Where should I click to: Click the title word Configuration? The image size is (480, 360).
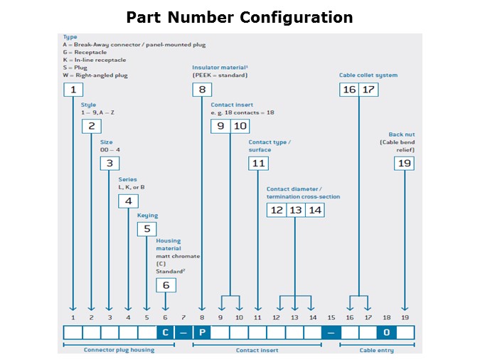[296, 18]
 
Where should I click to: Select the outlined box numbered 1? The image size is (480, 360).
[73, 90]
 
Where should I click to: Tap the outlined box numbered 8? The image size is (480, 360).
[202, 90]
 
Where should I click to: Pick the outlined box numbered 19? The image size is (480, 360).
[404, 164]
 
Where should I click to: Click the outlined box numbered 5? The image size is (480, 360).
[147, 229]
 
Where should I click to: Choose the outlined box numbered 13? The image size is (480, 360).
[296, 210]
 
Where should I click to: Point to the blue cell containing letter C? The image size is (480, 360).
[165, 332]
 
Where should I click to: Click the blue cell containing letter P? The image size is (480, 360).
[202, 332]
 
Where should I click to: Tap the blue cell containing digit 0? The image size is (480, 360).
[387, 332]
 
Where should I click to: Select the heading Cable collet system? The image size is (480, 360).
[368, 75]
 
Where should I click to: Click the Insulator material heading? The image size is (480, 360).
[220, 68]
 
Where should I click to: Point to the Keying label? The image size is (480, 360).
[147, 216]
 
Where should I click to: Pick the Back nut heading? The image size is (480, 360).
[402, 134]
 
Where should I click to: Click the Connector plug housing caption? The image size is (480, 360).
[119, 350]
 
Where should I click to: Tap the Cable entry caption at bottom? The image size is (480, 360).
[376, 350]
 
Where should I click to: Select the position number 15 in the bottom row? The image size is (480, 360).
[331, 317]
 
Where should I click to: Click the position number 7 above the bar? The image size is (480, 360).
[183, 317]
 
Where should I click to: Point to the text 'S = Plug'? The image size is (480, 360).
[75, 68]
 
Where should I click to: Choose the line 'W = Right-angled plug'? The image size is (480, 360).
[95, 75]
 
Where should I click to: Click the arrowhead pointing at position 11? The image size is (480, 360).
[258, 308]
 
